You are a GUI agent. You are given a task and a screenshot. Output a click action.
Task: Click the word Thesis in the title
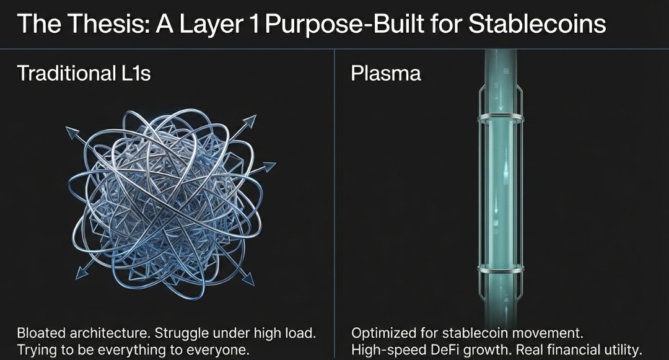[108, 24]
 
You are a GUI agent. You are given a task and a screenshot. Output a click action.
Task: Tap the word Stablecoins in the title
[537, 24]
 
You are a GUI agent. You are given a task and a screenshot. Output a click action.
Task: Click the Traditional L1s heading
[84, 73]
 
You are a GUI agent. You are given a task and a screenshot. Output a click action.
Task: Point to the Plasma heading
[386, 73]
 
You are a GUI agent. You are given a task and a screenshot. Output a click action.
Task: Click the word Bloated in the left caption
[42, 333]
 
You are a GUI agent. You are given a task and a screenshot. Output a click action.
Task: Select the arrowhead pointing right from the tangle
[269, 166]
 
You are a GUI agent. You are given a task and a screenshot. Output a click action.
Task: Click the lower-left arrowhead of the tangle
[82, 273]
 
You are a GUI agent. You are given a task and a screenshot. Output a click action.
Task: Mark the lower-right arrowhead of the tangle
[248, 278]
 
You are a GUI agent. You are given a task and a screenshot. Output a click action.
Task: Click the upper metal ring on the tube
[501, 117]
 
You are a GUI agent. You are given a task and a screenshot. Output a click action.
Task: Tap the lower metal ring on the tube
[501, 269]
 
